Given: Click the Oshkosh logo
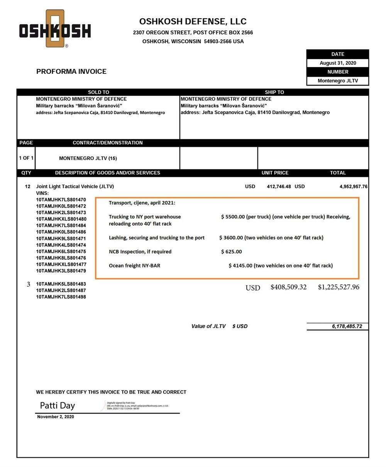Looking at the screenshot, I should pyautogui.click(x=55, y=29).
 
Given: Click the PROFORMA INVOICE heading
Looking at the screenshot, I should pyautogui.click(x=71, y=71).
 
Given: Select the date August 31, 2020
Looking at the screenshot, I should pyautogui.click(x=338, y=63).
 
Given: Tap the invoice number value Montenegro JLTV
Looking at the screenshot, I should pyautogui.click(x=338, y=81).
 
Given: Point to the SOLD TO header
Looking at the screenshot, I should pyautogui.click(x=98, y=92).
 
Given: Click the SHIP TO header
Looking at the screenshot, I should pyautogui.click(x=274, y=92).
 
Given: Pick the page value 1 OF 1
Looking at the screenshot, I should pyautogui.click(x=26, y=158).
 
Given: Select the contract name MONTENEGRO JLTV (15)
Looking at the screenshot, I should pyautogui.click(x=88, y=158).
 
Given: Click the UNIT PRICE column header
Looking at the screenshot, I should pyautogui.click(x=275, y=173).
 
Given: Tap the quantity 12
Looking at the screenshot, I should pyautogui.click(x=27, y=186).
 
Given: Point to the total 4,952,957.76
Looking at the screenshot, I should pyautogui.click(x=353, y=186).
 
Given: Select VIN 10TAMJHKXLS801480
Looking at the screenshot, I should pyautogui.click(x=61, y=219).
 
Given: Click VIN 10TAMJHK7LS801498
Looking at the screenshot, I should pyautogui.click(x=61, y=297).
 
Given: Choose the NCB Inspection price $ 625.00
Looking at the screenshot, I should pyautogui.click(x=232, y=252).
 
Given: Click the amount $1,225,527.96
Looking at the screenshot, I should pyautogui.click(x=339, y=287).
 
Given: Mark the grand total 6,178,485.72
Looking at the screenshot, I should pyautogui.click(x=347, y=326).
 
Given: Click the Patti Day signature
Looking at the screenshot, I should pyautogui.click(x=58, y=406).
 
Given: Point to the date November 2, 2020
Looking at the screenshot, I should pyautogui.click(x=56, y=417).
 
